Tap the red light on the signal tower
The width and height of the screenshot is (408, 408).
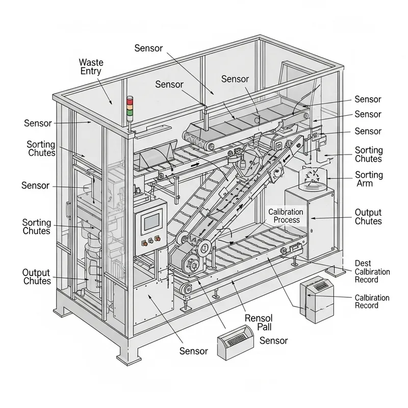click(x=130, y=100)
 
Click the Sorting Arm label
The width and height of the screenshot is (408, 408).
click(x=368, y=179)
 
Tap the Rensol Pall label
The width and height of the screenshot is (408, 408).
click(x=259, y=322)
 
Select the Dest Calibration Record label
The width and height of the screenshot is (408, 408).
click(x=372, y=271)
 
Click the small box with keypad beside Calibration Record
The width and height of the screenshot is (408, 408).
click(x=315, y=301)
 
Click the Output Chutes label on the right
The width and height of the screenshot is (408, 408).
click(x=368, y=217)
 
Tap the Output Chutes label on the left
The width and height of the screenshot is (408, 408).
click(x=37, y=277)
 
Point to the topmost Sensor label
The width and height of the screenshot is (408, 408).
click(x=148, y=48)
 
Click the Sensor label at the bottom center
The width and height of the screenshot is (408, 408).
click(x=194, y=351)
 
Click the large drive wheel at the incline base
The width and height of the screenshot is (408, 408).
click(x=193, y=265)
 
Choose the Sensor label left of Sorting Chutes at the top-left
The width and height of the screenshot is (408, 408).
click(x=38, y=123)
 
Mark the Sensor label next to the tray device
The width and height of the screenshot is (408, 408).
click(x=274, y=340)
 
